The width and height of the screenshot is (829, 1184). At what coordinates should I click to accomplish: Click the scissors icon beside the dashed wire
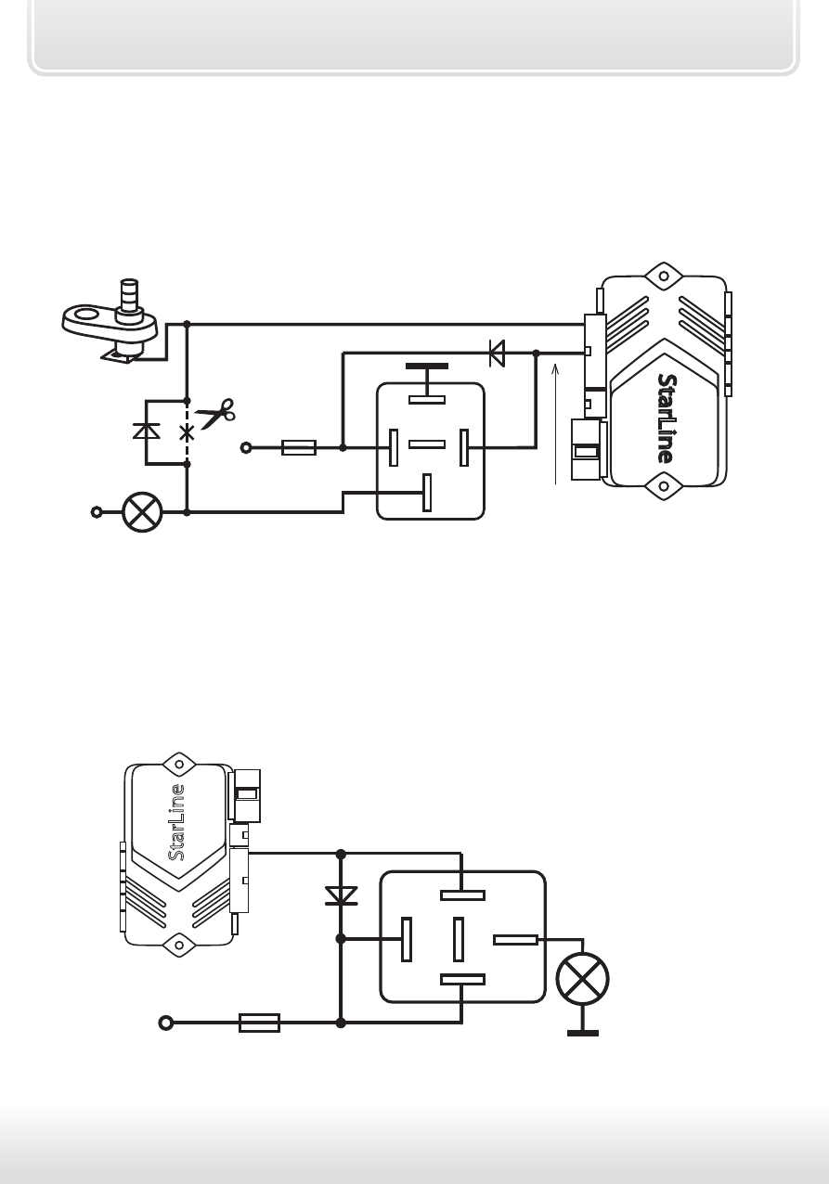pos(215,413)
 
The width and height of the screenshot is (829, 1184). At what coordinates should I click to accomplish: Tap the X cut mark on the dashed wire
pos(187,433)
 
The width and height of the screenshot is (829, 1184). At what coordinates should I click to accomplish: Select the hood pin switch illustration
pos(110,321)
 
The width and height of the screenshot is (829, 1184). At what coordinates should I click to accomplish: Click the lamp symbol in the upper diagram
pos(142,512)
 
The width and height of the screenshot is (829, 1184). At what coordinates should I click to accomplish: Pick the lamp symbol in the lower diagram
pos(582,979)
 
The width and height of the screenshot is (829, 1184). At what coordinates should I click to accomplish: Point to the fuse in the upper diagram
pos(299,447)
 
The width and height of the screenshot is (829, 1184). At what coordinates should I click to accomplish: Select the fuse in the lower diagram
pos(260,1023)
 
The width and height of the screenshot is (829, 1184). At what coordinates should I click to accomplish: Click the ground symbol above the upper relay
pos(427,373)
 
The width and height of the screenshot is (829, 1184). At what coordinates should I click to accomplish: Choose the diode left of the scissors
pos(146,431)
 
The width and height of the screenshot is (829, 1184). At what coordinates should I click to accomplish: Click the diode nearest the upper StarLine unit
pos(497,354)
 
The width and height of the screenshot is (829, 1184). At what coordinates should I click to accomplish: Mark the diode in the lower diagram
pos(341,896)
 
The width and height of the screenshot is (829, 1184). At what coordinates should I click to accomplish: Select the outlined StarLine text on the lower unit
pos(176,822)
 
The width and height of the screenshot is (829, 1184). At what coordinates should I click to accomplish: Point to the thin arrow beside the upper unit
pos(555,424)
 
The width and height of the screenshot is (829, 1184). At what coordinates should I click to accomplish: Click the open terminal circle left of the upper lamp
pos(97,512)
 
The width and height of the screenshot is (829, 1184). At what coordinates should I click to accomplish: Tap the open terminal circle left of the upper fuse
pos(246,447)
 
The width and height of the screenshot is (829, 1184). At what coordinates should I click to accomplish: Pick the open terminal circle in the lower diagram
pos(166,1023)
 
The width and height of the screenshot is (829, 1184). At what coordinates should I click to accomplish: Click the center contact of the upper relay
pos(427,444)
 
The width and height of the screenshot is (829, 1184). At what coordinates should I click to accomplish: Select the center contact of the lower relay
pos(459,939)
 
